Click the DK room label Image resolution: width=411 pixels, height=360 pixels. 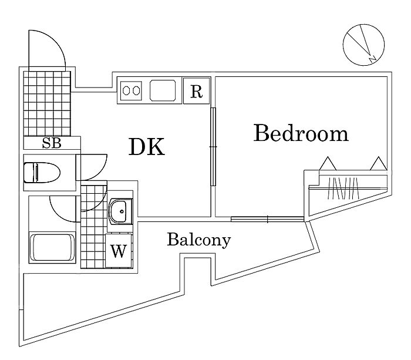147,147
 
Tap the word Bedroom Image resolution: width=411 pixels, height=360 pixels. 301,134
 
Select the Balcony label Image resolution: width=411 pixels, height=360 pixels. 198,240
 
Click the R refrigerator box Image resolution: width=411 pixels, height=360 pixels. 196,92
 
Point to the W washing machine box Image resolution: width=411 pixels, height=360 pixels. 118,251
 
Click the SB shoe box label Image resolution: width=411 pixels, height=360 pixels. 51,143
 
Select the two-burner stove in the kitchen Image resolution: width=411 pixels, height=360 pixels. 131,92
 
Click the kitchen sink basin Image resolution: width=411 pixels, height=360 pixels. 164,91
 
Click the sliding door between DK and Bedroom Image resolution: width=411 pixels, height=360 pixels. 213,147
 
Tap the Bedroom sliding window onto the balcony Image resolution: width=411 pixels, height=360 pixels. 267,219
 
